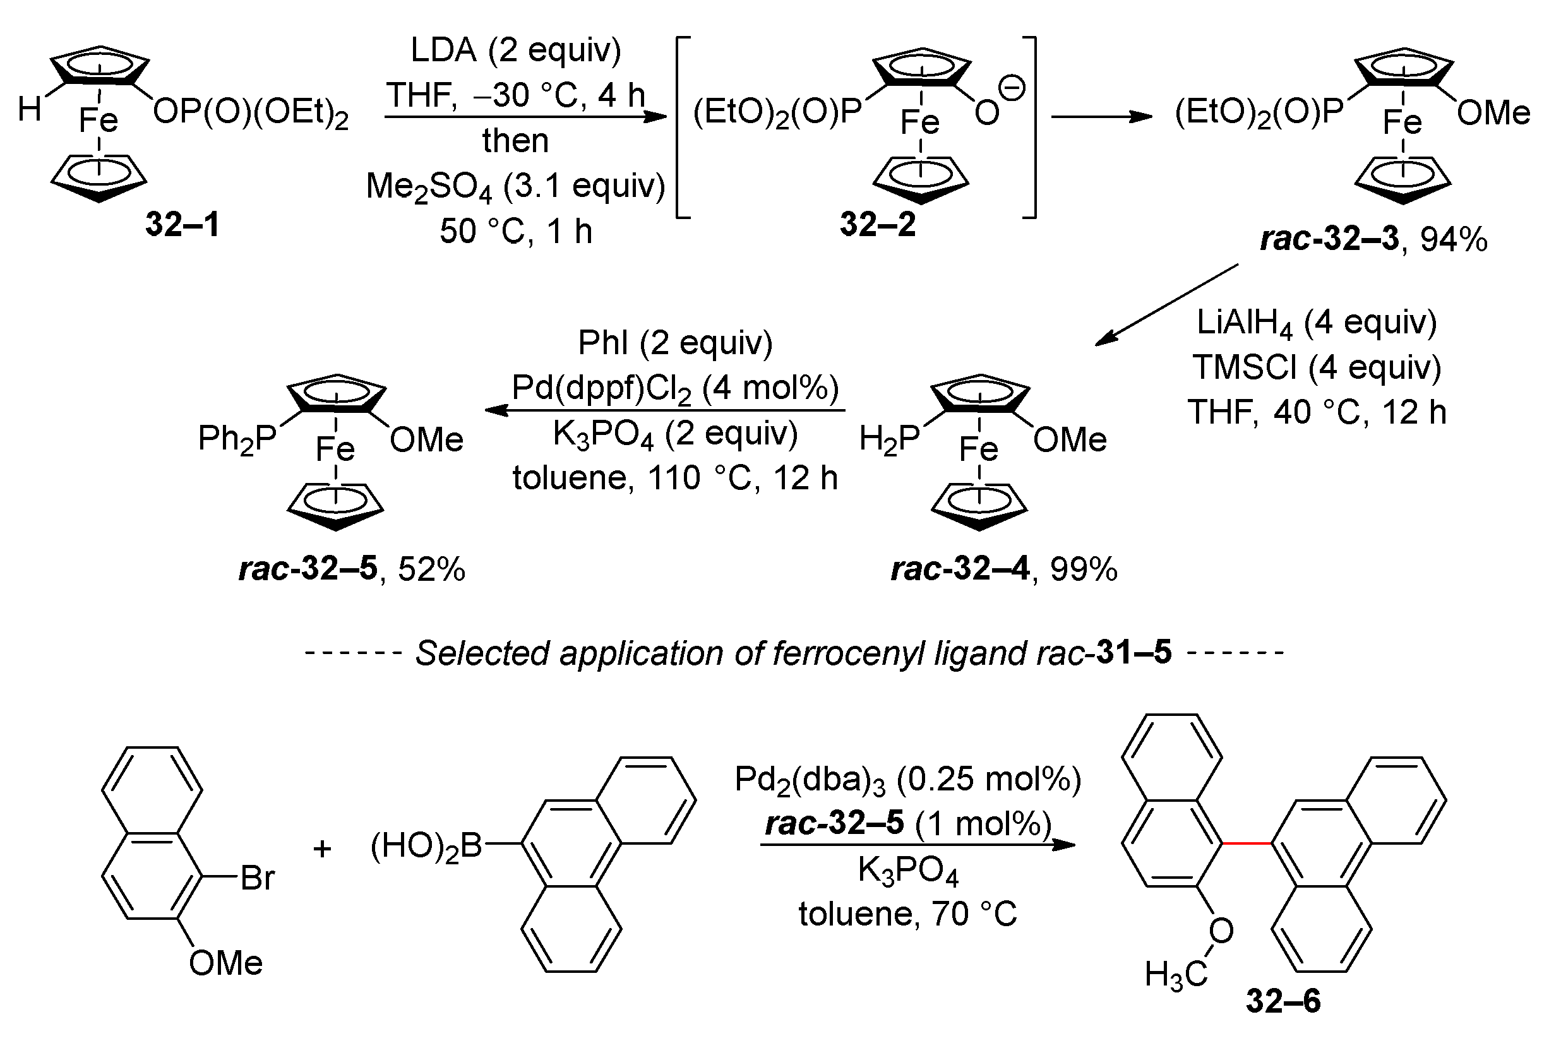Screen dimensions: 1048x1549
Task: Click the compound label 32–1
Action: (182, 225)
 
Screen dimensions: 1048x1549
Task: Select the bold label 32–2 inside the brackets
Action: (878, 225)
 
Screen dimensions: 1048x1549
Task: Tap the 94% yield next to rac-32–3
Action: (1454, 239)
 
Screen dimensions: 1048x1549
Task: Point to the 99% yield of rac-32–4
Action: (1084, 569)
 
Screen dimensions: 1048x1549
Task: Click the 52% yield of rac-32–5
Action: (432, 569)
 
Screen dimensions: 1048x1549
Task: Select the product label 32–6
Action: (1283, 1001)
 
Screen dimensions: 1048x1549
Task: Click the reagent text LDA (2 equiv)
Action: (515, 51)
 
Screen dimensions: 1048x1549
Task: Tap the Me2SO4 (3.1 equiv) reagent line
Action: (515, 186)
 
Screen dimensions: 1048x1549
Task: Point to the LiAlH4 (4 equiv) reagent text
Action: (1317, 323)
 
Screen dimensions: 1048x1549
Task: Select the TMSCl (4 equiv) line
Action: (1317, 367)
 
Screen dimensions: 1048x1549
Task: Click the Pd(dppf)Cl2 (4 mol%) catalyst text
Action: (674, 388)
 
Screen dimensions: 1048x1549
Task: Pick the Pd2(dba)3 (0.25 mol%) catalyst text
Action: (907, 780)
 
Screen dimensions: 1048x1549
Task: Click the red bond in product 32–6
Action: (1247, 843)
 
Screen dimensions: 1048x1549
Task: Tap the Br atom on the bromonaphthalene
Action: (257, 878)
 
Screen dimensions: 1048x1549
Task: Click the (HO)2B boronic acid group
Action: (427, 847)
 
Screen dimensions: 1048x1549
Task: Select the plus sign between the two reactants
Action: (323, 849)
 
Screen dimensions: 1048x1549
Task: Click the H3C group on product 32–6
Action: (1176, 975)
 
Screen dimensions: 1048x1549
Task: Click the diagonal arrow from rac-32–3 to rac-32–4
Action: (1166, 304)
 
